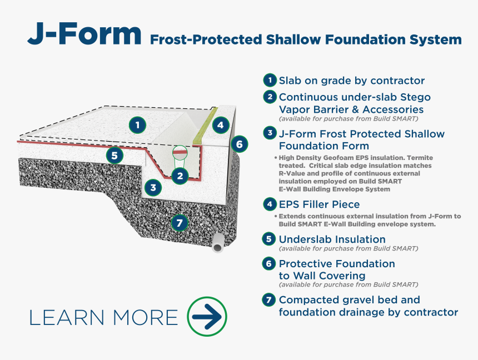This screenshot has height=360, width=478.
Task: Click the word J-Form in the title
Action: click(84, 34)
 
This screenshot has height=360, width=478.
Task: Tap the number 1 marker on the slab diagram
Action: click(137, 125)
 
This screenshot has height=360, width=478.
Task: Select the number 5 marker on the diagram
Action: click(114, 156)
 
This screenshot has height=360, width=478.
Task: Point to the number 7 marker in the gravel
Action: click(180, 223)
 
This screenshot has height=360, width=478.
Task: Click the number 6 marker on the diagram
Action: click(240, 144)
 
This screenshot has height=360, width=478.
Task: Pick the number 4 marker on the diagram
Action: click(221, 124)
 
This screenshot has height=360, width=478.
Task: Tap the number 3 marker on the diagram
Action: click(153, 187)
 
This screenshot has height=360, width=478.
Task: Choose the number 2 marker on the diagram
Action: click(180, 176)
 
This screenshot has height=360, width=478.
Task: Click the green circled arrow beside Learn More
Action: click(207, 317)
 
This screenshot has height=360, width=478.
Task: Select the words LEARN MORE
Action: click(103, 318)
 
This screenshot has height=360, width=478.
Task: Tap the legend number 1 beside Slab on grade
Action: click(270, 80)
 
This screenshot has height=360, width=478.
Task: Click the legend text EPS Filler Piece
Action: click(319, 204)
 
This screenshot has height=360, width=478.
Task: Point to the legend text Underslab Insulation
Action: click(332, 239)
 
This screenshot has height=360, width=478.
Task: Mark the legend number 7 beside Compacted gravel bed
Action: click(268, 300)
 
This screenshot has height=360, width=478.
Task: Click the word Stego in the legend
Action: click(415, 97)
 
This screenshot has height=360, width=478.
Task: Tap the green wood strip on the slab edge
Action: click(205, 126)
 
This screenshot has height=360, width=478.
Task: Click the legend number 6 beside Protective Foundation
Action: click(268, 263)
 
